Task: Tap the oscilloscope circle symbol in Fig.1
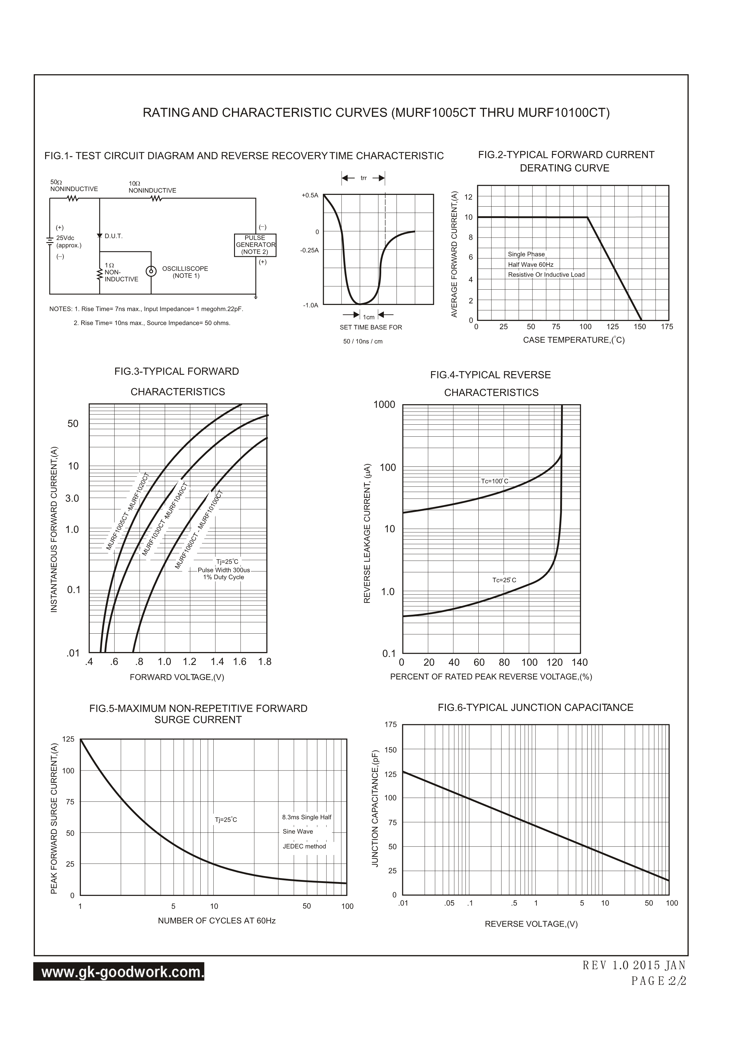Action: [x=151, y=271]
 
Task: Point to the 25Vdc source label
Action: [x=65, y=238]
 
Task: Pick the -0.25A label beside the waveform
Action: [x=309, y=251]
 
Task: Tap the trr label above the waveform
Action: [x=363, y=178]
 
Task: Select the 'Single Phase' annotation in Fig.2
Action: [x=526, y=254]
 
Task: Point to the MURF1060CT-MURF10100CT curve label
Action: [x=199, y=530]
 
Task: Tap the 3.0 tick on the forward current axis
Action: [x=72, y=498]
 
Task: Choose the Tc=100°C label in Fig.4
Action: [x=495, y=481]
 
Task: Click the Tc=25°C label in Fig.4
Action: [x=504, y=580]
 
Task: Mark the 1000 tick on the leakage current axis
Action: [x=384, y=404]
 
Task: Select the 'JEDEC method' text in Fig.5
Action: [x=304, y=846]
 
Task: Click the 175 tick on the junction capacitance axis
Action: [x=390, y=725]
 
